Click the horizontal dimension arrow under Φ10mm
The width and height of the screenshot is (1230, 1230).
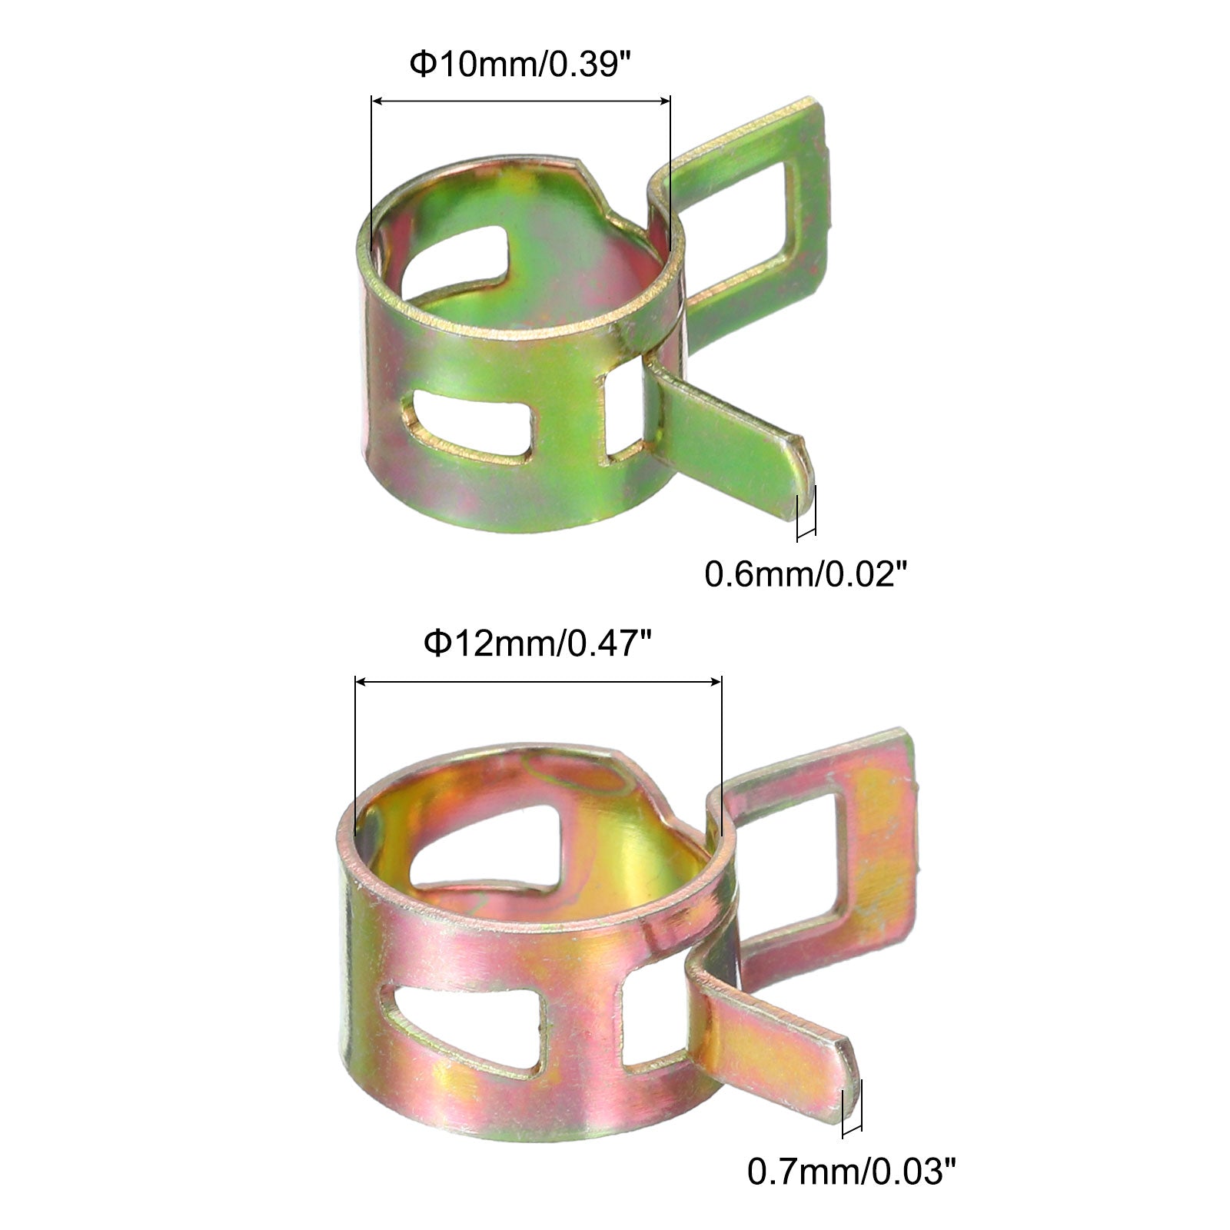click(x=520, y=101)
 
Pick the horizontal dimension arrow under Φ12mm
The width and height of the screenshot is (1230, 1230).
click(x=538, y=681)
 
